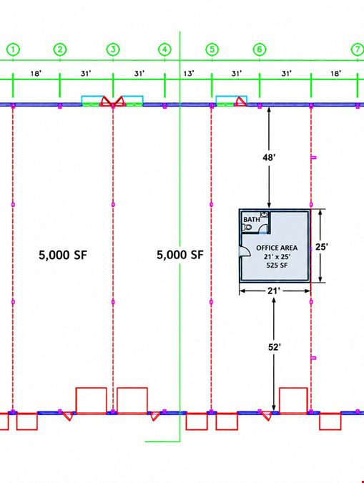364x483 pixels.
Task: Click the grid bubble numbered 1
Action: [x=13, y=49]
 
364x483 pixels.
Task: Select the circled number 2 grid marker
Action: [x=60, y=49]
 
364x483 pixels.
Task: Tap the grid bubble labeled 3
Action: [x=113, y=49]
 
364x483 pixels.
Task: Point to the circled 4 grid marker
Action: [x=164, y=49]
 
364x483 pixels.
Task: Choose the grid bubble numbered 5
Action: [x=212, y=49]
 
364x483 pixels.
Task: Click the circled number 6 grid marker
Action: [x=260, y=49]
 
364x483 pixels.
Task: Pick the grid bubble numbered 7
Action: [x=358, y=49]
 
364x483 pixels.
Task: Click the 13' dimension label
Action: [x=189, y=73]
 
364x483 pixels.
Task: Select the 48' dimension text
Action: [x=269, y=157]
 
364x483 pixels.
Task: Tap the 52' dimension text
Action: [x=274, y=347]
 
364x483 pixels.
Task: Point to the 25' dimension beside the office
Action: [x=322, y=247]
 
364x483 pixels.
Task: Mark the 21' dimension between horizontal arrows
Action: [x=274, y=291]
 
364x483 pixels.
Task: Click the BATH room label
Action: [x=251, y=220]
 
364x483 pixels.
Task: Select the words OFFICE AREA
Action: [x=277, y=248]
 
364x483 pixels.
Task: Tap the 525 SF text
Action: [x=277, y=265]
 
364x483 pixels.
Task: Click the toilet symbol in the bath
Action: [x=247, y=228]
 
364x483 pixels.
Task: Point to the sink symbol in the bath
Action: [x=264, y=214]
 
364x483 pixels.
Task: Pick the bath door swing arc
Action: [x=262, y=228]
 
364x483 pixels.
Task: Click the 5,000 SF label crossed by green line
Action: [x=180, y=255]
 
